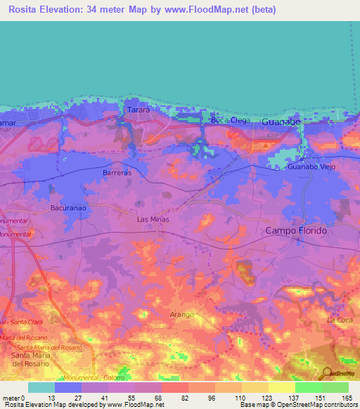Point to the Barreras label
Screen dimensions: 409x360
[117, 171]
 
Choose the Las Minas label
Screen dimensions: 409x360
[153, 219]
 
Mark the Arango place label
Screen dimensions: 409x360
[181, 314]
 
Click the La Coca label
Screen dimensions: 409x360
[340, 320]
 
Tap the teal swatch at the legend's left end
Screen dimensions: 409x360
[41, 387]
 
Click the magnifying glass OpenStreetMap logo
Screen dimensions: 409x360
[326, 373]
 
